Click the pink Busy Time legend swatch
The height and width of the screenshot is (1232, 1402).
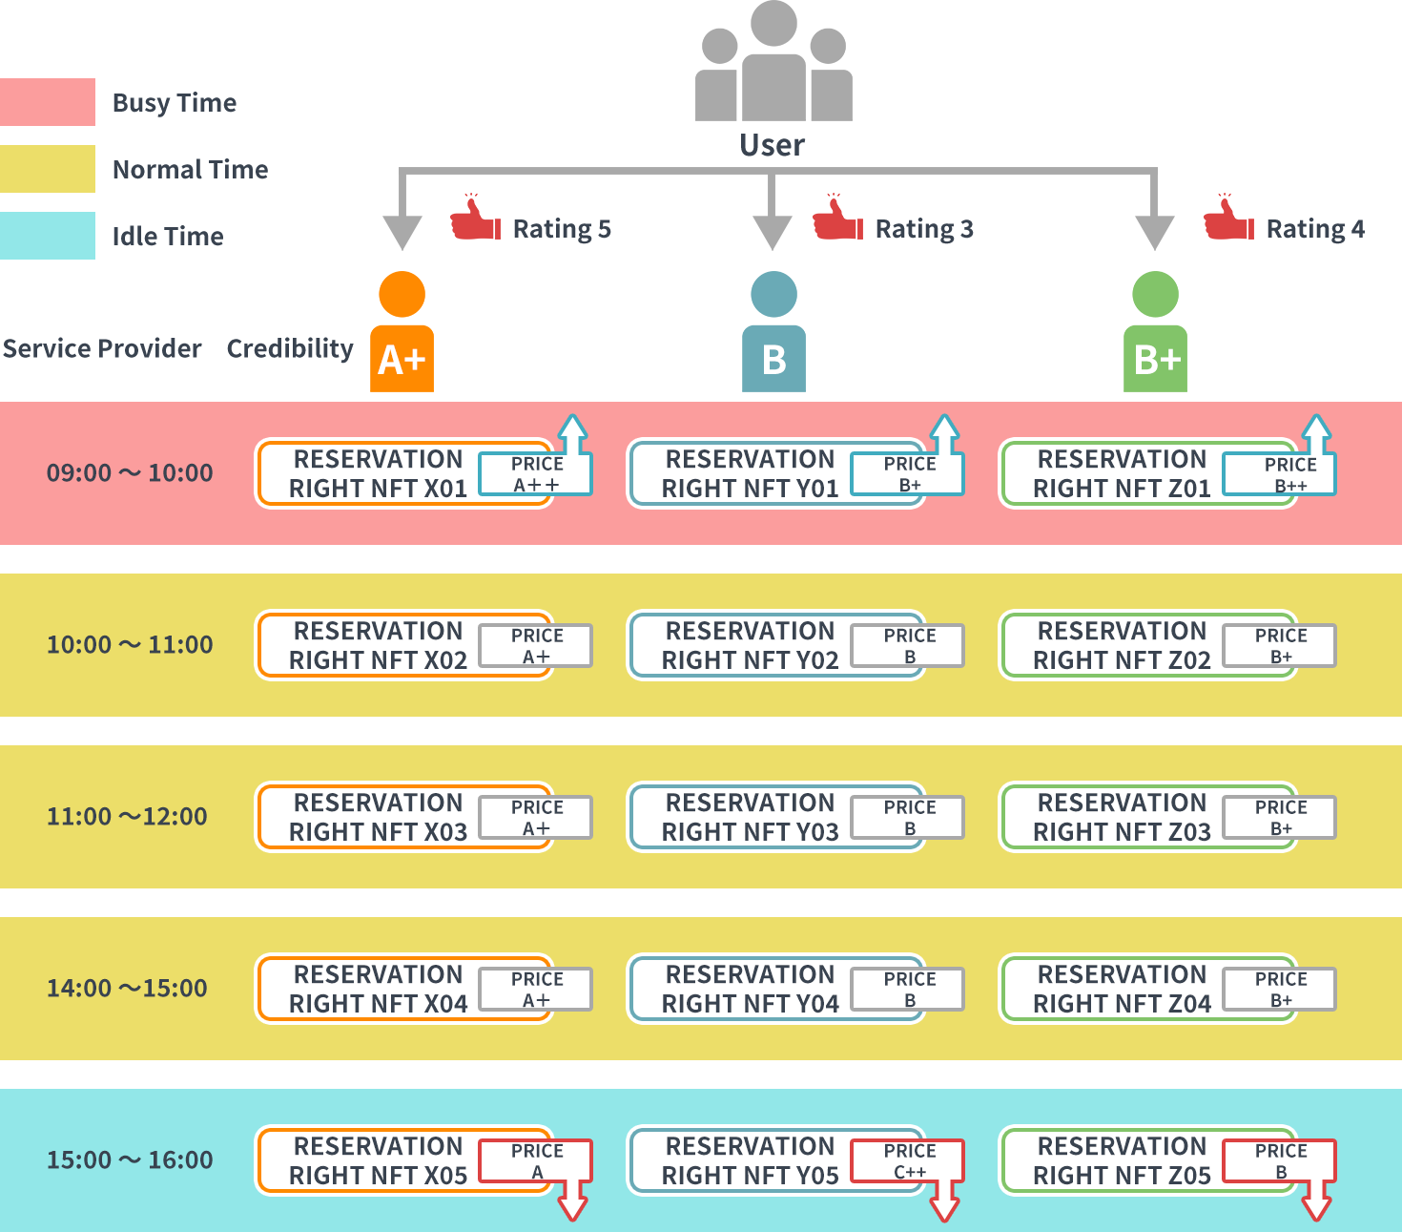click(48, 102)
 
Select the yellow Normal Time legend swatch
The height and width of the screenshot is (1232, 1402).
click(48, 169)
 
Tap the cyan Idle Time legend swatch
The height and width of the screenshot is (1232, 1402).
click(48, 236)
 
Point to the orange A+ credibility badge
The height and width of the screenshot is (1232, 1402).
click(402, 359)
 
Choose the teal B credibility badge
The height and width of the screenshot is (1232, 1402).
click(773, 359)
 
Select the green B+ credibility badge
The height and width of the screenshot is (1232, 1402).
click(1155, 359)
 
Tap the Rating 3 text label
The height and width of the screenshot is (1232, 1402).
click(923, 229)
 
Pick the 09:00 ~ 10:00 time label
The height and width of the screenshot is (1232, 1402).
click(130, 473)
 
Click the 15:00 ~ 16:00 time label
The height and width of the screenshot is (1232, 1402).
click(130, 1160)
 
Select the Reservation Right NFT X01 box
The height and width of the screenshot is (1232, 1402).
click(377, 473)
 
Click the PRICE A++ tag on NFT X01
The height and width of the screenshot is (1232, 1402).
click(536, 474)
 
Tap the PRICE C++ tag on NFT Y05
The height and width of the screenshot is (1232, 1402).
click(908, 1161)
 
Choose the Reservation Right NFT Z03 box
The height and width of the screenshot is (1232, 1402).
click(1121, 817)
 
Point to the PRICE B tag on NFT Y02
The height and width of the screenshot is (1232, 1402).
click(908, 646)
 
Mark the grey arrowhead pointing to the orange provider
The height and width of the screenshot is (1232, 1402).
click(402, 232)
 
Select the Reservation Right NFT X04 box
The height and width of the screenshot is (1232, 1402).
click(377, 989)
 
